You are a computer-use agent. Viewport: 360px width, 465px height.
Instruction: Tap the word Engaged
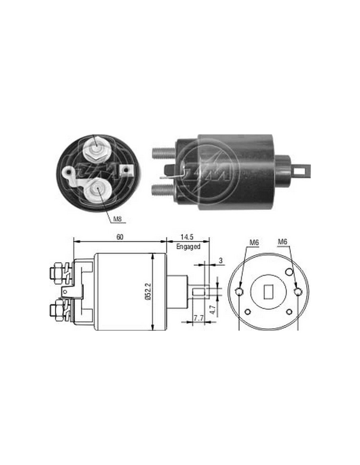pyautogui.click(x=188, y=247)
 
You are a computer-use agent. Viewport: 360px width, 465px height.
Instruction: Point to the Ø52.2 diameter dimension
pyautogui.click(x=149, y=291)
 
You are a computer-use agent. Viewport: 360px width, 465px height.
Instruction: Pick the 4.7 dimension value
pyautogui.click(x=212, y=309)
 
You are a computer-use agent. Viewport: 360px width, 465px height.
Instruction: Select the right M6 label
pyautogui.click(x=282, y=242)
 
